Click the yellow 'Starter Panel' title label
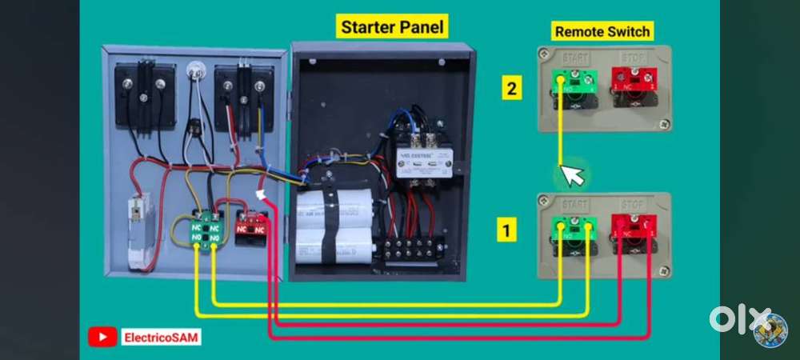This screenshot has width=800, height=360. (x=392, y=26)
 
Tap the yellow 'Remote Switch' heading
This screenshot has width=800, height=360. (x=602, y=32)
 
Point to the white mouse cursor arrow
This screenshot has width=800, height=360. (x=572, y=174)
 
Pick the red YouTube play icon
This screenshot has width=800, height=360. (x=102, y=338)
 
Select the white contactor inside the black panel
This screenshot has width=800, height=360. (x=423, y=161)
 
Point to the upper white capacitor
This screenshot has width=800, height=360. (x=334, y=206)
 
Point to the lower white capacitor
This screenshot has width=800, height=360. (x=334, y=244)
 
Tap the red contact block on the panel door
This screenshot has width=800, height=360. (x=251, y=225)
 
